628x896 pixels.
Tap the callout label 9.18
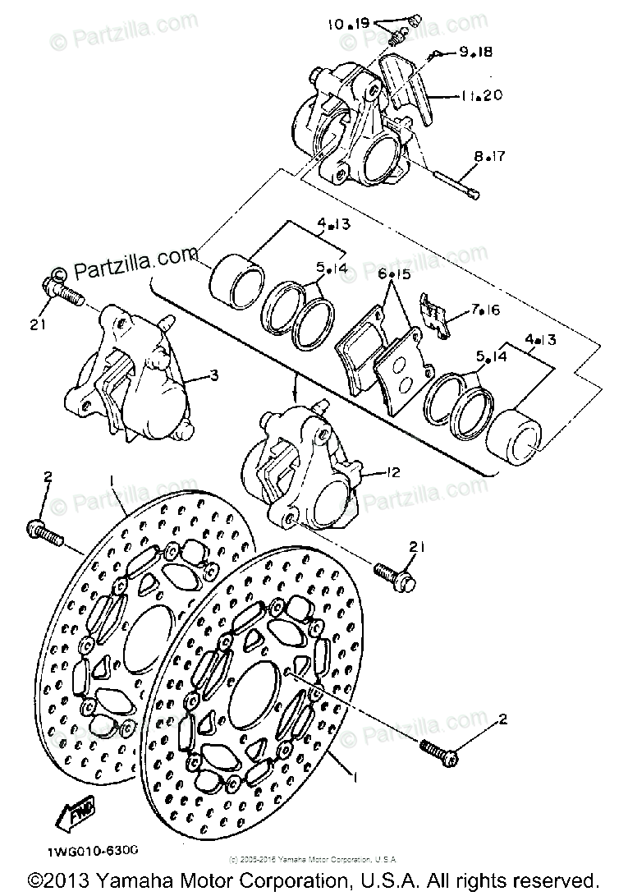click(x=474, y=53)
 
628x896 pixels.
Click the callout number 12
click(x=393, y=472)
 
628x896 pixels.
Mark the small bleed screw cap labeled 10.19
click(x=413, y=20)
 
